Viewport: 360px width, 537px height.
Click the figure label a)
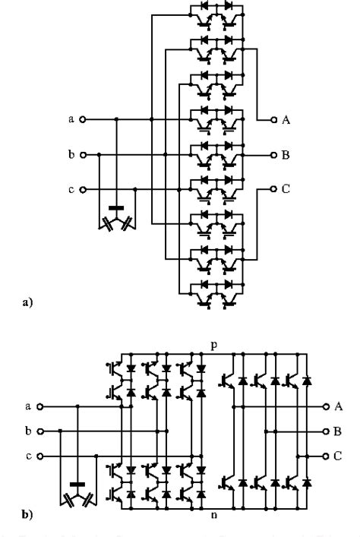[x=28, y=302]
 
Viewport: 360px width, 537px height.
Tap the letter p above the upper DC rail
[x=214, y=344]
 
